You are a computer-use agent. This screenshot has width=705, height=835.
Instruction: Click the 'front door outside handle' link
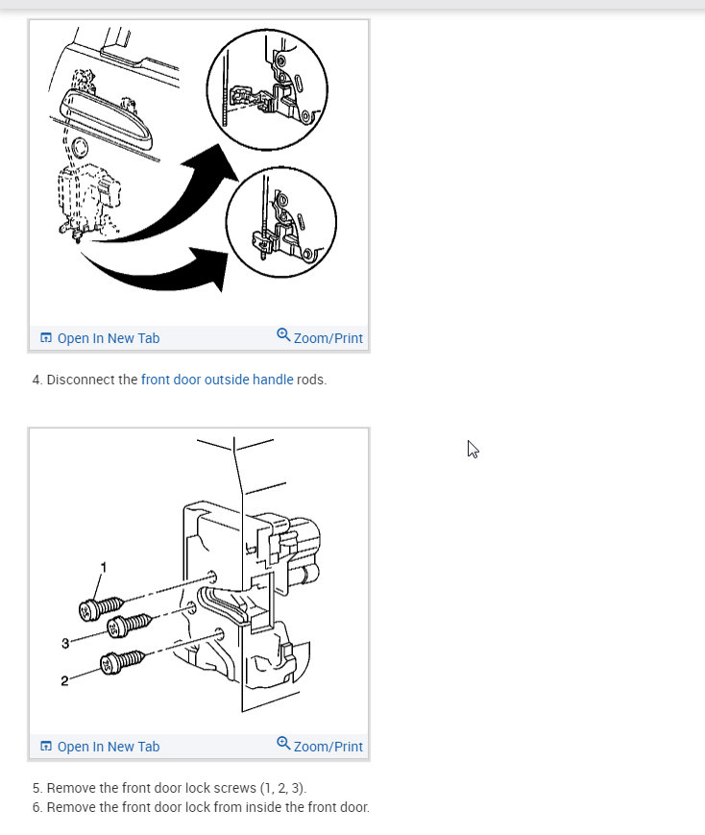(x=217, y=380)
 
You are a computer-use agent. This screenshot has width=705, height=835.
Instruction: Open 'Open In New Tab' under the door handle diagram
(x=109, y=338)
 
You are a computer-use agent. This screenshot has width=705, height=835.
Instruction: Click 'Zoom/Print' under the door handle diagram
(x=328, y=338)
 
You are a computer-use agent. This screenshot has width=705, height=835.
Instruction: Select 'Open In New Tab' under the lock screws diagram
(x=109, y=747)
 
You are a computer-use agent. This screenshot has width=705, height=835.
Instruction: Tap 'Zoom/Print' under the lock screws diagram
(x=328, y=747)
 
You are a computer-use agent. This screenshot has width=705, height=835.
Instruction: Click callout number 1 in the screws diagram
(x=104, y=568)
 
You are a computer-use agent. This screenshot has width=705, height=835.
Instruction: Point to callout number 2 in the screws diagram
(x=64, y=681)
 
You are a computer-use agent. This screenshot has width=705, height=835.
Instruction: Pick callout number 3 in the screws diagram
(x=65, y=643)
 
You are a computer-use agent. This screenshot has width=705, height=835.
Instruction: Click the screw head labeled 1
(x=86, y=611)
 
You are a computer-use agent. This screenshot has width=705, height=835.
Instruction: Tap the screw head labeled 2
(x=109, y=665)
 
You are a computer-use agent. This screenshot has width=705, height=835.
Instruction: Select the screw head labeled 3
(x=115, y=627)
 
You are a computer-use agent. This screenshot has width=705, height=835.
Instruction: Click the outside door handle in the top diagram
(x=106, y=119)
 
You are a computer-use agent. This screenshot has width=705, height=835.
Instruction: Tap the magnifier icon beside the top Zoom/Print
(x=283, y=335)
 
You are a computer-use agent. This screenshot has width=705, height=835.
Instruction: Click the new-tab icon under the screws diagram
(x=46, y=746)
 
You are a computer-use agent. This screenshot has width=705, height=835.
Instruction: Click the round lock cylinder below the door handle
(x=80, y=148)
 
